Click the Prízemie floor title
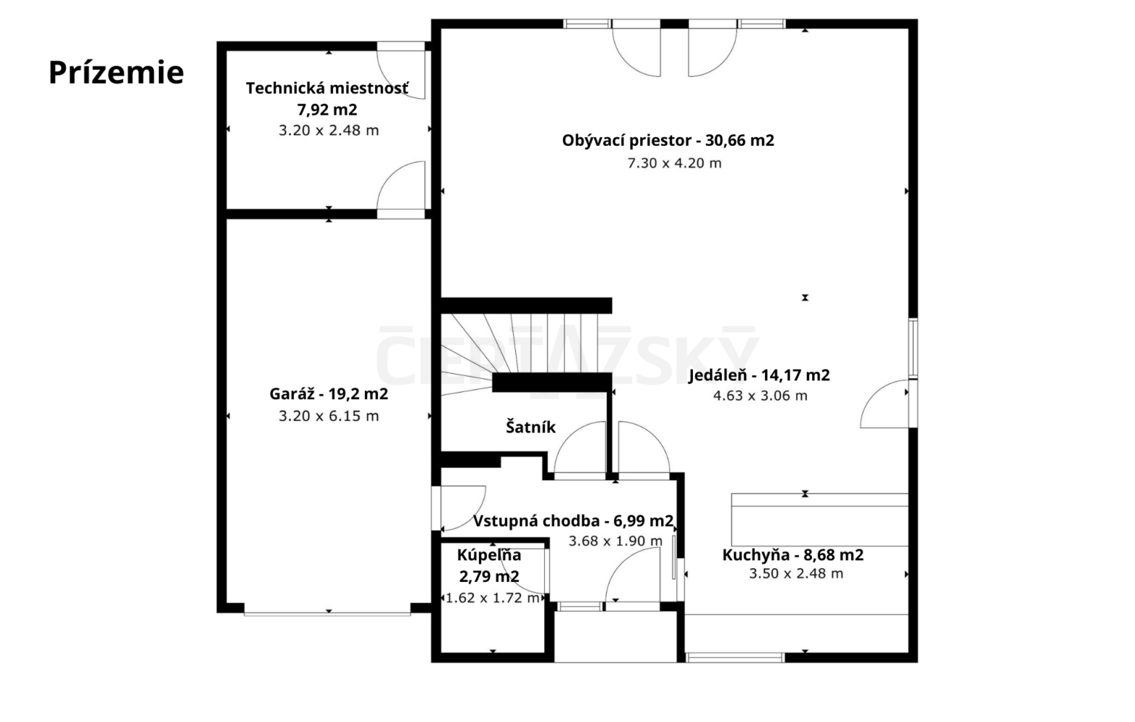[116, 72]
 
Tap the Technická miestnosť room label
[327, 88]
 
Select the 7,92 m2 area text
[327, 109]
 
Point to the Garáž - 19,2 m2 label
[329, 393]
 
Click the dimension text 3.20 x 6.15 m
[329, 416]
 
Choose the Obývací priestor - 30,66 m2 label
[668, 140]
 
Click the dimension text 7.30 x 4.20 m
[674, 163]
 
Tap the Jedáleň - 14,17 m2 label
[759, 375]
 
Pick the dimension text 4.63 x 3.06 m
[760, 396]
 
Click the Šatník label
[530, 427]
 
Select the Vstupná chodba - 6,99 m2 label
[573, 521]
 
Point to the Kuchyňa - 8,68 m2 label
[793, 555]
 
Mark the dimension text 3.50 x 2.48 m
[796, 574]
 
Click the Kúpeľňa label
[489, 555]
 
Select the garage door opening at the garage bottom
[327, 614]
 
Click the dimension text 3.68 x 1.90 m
[615, 541]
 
